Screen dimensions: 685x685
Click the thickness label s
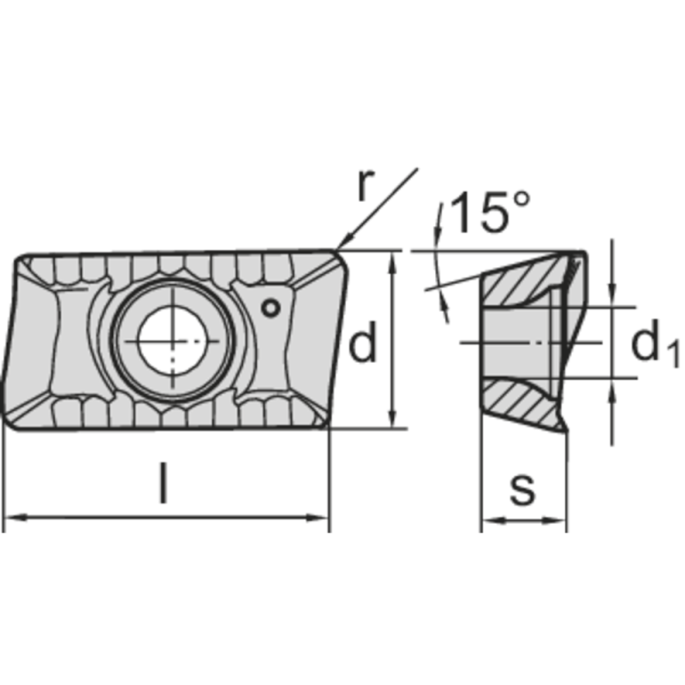(521, 490)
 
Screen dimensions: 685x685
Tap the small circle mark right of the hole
(271, 307)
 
